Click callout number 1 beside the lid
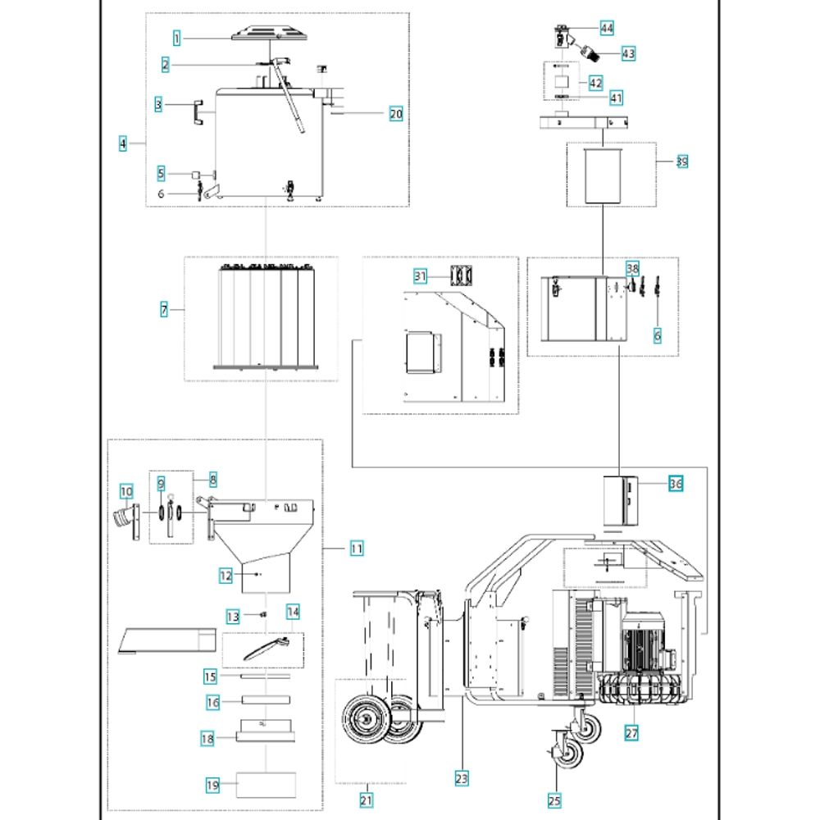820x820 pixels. coord(177,36)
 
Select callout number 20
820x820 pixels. coord(396,114)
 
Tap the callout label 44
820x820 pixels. coord(607,28)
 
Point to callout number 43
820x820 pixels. coord(629,53)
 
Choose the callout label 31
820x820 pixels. coord(421,277)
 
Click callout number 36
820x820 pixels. coord(675,485)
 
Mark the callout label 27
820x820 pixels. coord(631,734)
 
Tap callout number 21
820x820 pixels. coord(367,799)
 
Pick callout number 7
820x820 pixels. coord(165,310)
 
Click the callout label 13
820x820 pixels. coord(232,616)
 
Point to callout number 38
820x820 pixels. coord(632,269)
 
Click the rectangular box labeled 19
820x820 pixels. coord(266,784)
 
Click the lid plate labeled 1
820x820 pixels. coord(269,34)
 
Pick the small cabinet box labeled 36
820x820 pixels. coord(621,500)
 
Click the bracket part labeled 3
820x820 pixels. coord(197,112)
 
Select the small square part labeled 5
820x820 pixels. coord(197,175)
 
